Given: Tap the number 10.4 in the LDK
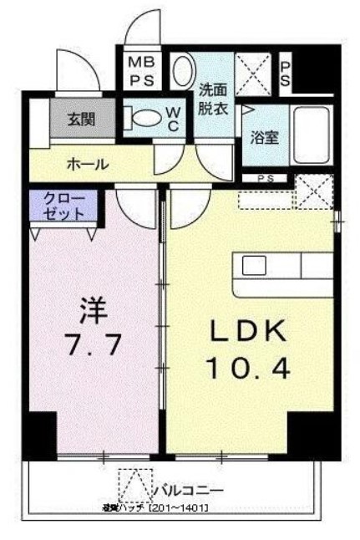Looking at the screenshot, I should pos(249,369).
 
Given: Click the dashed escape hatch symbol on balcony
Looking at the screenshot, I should pos(130,486).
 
